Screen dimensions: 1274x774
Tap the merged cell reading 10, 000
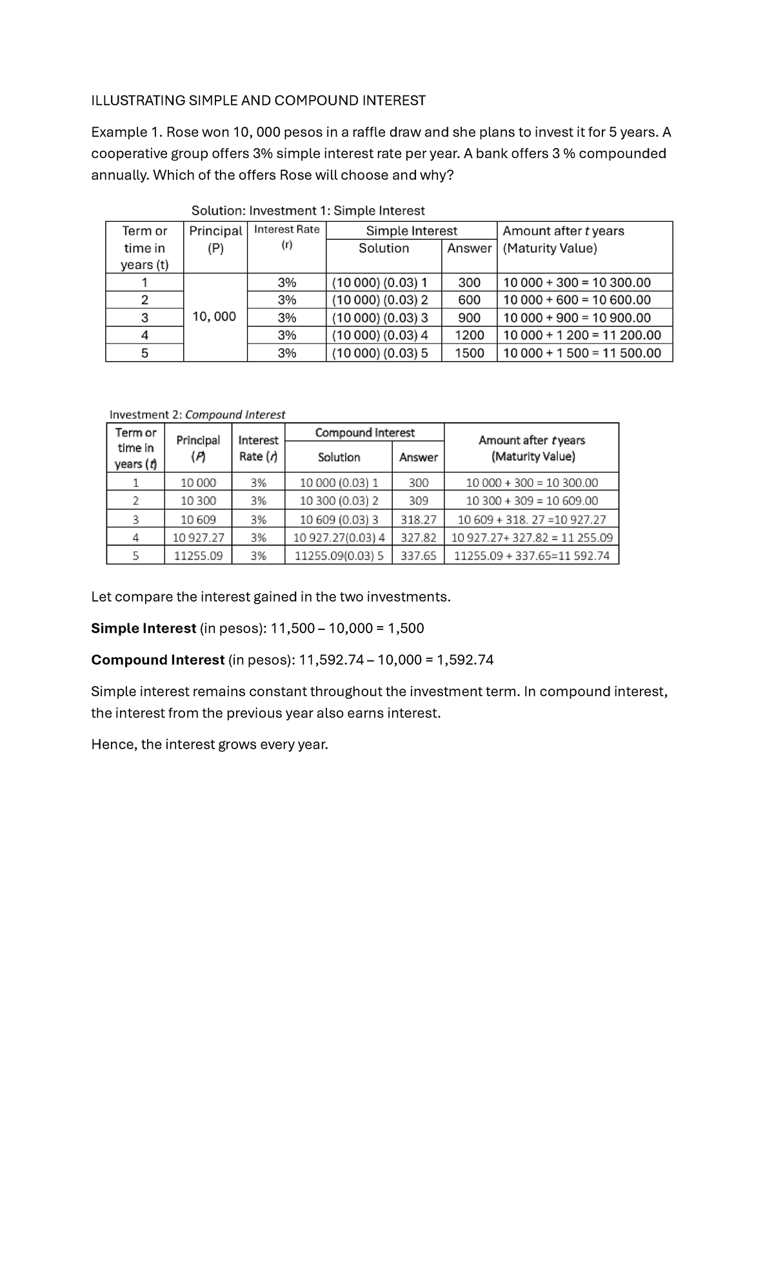tap(215, 317)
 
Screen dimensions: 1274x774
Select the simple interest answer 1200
tap(469, 335)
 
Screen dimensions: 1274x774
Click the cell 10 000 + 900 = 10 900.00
tap(577, 318)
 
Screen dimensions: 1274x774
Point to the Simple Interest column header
tap(412, 231)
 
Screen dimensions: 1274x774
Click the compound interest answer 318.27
tap(418, 520)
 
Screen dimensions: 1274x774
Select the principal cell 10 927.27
tap(199, 537)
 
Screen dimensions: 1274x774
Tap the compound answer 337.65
tap(418, 556)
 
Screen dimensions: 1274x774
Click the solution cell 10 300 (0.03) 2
tap(339, 501)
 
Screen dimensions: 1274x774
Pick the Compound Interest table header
tap(364, 433)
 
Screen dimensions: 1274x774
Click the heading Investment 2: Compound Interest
tap(197, 415)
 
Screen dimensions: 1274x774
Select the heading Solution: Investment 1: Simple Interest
tap(308, 211)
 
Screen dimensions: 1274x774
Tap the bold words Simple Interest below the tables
tap(143, 628)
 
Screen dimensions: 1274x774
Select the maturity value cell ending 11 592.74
tap(531, 556)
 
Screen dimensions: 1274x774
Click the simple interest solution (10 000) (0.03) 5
tap(379, 353)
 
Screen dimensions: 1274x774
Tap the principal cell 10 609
tap(198, 520)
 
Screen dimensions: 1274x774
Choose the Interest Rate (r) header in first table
tap(286, 237)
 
